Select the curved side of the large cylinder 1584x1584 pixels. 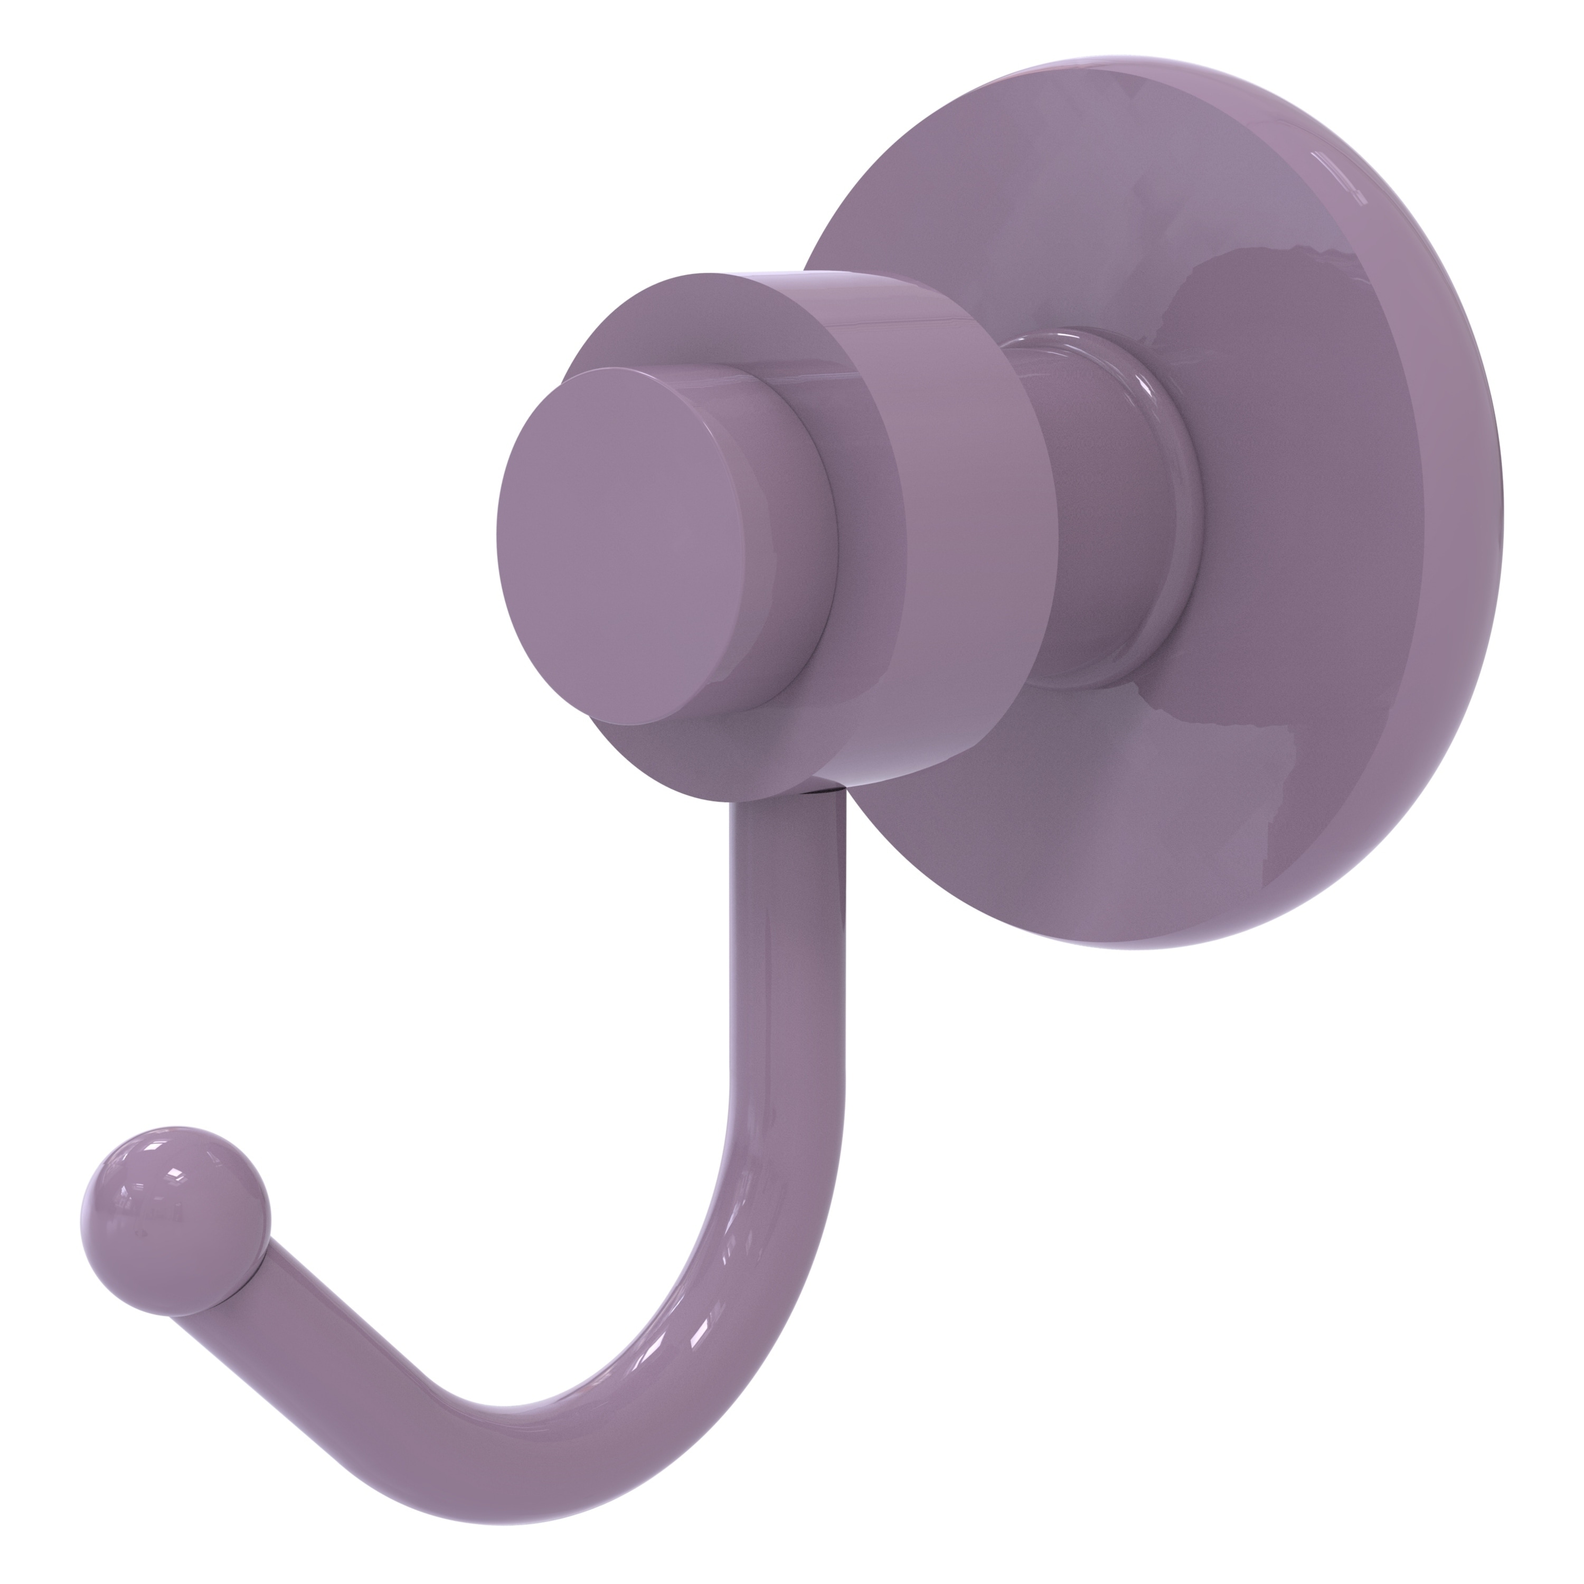[943, 525]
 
